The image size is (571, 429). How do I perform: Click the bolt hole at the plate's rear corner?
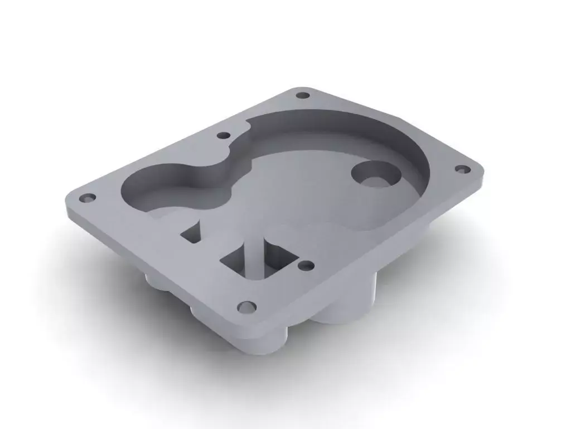coord(302,95)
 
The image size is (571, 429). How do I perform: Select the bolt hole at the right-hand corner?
coord(461,168)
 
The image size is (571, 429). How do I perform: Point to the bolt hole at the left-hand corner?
coord(88,198)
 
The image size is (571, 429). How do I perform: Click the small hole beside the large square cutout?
coord(305,265)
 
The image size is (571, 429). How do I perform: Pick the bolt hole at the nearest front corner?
coord(246,307)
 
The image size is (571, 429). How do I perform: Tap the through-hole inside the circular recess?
coord(375,180)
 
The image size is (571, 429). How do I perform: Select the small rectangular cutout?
coord(191,233)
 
